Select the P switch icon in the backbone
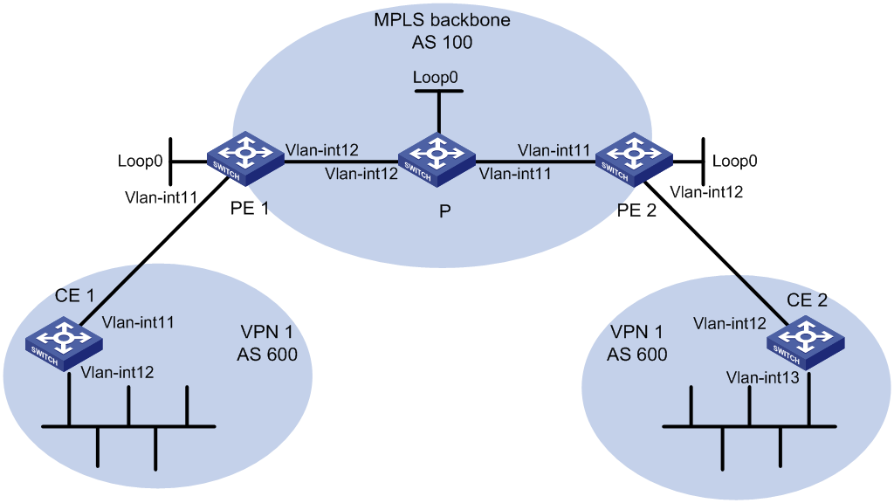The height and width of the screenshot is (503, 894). (x=437, y=160)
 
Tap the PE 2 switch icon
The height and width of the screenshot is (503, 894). (x=634, y=159)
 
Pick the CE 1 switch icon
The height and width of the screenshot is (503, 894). (x=64, y=344)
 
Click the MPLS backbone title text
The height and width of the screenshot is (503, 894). (x=442, y=20)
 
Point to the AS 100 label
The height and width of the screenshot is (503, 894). (x=442, y=42)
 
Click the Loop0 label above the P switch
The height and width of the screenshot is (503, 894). (x=435, y=78)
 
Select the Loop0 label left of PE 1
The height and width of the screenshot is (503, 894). (x=141, y=161)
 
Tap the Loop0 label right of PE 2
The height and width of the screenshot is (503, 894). (x=735, y=161)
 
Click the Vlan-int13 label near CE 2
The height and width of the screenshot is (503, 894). (x=763, y=377)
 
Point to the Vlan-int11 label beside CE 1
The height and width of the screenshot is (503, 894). (x=138, y=322)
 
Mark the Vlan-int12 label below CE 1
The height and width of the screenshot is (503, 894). (x=118, y=372)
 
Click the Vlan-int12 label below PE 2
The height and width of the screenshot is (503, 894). (x=706, y=192)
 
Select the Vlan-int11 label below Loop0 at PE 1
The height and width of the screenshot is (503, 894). (x=162, y=197)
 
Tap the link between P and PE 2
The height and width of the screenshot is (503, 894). (x=535, y=162)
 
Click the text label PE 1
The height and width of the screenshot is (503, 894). (x=249, y=209)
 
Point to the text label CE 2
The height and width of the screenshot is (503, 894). (x=807, y=300)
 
